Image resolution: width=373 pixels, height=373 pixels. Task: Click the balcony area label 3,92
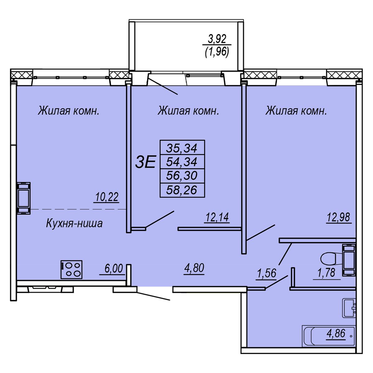tap(217, 39)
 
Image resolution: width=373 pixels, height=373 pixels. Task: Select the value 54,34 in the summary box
tap(182, 162)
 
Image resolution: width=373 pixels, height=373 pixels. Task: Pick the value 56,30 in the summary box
tap(182, 176)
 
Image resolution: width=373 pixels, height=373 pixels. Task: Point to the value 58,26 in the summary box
tap(182, 190)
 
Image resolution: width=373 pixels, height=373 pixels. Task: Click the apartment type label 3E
tap(145, 162)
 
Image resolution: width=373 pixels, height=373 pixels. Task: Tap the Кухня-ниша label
tap(74, 223)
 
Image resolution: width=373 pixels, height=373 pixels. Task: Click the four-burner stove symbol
tap(71, 269)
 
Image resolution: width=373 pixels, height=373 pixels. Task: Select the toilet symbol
tap(338, 260)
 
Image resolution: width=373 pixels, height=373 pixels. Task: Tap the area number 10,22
tap(107, 197)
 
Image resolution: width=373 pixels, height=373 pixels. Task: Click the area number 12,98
tap(338, 217)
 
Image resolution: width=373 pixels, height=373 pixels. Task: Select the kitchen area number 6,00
tap(114, 269)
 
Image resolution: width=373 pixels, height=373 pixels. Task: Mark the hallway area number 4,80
tap(194, 268)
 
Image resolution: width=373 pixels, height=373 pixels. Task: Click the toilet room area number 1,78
tap(327, 273)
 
